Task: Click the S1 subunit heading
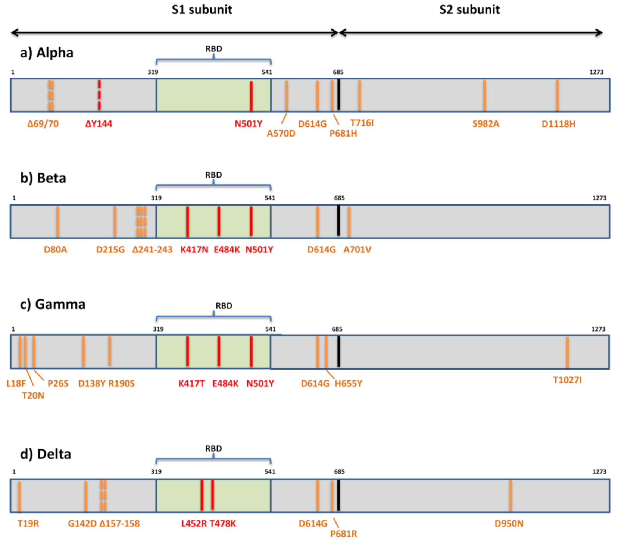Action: click(202, 10)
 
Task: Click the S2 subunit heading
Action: click(469, 10)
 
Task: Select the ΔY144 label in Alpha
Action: click(99, 124)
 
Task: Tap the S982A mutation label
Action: click(486, 124)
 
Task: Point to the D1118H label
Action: click(558, 124)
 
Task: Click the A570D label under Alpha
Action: click(281, 134)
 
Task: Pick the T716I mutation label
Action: click(362, 123)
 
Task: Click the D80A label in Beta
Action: click(55, 250)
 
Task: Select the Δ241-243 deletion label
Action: click(152, 250)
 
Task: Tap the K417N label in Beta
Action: click(194, 250)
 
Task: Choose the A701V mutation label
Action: click(357, 250)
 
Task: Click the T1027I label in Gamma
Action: click(567, 380)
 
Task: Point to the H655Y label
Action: click(348, 383)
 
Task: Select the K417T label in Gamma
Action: click(191, 383)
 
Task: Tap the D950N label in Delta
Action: click(509, 524)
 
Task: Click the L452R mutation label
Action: click(194, 524)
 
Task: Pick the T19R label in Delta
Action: click(28, 524)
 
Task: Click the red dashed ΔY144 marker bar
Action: click(99, 95)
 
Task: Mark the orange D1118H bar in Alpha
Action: click(557, 95)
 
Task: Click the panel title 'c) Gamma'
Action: click(53, 304)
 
